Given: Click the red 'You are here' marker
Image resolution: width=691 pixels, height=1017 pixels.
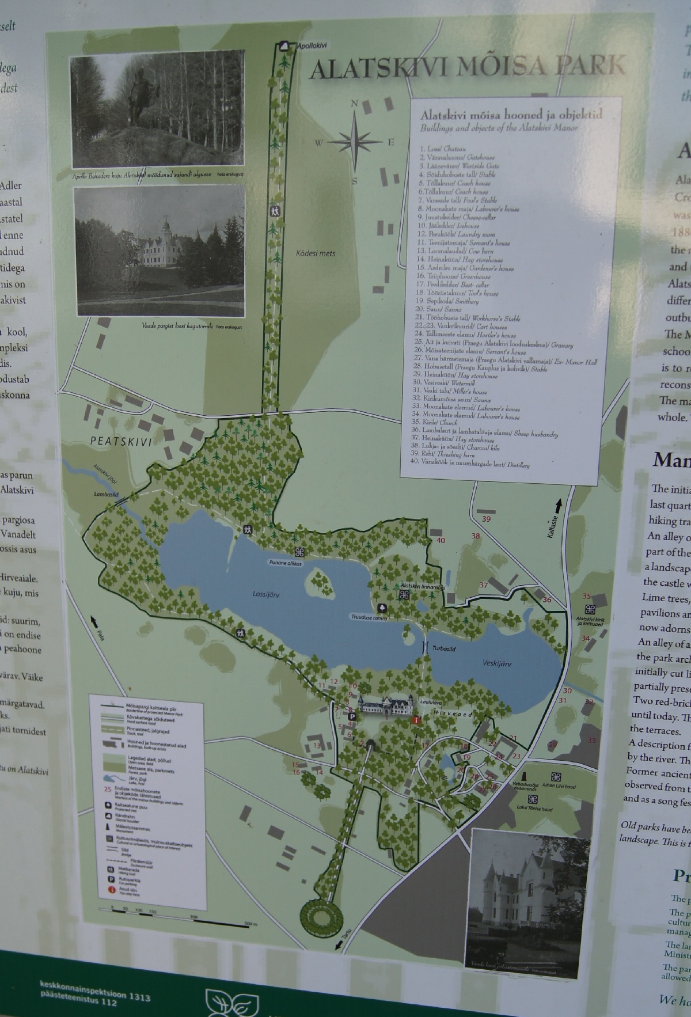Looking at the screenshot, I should click(416, 720).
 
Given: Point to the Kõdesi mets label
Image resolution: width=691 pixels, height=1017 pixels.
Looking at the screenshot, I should click(316, 253).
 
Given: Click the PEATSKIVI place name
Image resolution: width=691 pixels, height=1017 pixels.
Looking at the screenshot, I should click(120, 442).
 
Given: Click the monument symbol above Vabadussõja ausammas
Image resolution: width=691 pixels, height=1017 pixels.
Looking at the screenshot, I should click(524, 775).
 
